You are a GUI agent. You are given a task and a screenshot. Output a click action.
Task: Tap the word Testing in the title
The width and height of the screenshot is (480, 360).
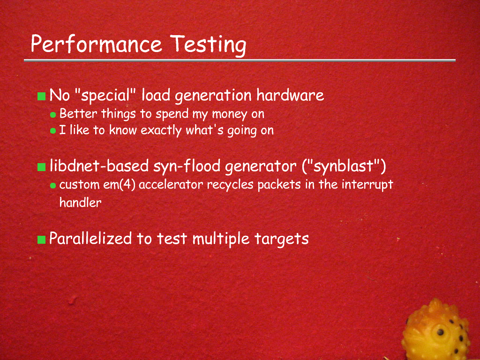pyautogui.click(x=208, y=45)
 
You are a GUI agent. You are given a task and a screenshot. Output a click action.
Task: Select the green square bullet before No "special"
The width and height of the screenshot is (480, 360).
pyautogui.click(x=41, y=96)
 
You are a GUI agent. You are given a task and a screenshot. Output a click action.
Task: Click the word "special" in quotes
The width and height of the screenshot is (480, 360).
pyautogui.click(x=105, y=95)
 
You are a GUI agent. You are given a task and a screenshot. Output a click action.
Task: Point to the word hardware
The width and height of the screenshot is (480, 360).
pyautogui.click(x=290, y=95)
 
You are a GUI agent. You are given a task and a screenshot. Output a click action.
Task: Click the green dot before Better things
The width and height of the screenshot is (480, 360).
pyautogui.click(x=53, y=115)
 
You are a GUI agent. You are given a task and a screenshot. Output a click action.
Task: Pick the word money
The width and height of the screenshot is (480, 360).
pyautogui.click(x=229, y=114)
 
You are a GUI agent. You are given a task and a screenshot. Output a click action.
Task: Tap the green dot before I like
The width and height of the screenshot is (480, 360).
pyautogui.click(x=53, y=131)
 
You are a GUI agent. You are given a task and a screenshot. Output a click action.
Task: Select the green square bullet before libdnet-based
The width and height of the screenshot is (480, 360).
pyautogui.click(x=41, y=167)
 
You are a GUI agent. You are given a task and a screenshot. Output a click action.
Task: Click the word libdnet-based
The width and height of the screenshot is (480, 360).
pyautogui.click(x=99, y=166)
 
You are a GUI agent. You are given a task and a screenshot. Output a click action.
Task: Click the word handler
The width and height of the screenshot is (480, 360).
pyautogui.click(x=80, y=202)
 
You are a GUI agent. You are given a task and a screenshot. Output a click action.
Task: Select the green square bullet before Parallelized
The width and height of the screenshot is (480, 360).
pyautogui.click(x=41, y=240)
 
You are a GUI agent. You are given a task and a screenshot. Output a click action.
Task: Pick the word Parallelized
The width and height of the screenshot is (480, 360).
pyautogui.click(x=90, y=238)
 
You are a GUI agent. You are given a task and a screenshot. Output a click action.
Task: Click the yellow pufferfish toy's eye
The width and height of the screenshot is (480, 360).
pyautogui.click(x=440, y=332)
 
